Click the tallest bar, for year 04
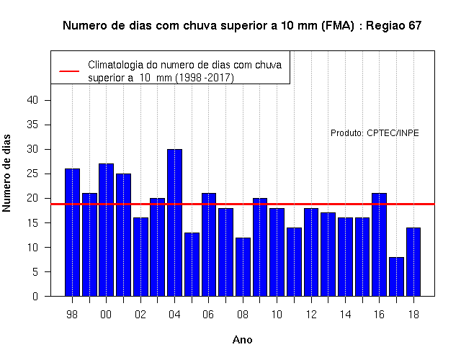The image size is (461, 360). pos(174,222)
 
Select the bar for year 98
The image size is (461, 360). pos(72,232)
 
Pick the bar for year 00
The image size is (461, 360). pos(107,230)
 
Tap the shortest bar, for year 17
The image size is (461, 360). pos(396,276)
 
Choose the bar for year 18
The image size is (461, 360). pos(413,262)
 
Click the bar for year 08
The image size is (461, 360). pos(243,267)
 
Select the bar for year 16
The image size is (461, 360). pos(380,245)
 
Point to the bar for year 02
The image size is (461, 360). pos(141,257)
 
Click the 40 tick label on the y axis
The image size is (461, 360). pos(32,100)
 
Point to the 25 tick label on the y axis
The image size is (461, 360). pos(32,174)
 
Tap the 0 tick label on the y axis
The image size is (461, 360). pos(35,296)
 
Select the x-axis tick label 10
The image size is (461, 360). pos(277,315)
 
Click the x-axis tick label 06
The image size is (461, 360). pos(208,315)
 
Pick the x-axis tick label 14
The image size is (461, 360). pos(345,315)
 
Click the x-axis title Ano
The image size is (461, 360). pos(243,340)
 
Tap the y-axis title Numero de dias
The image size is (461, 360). pos(6,174)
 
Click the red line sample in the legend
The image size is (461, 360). pos(69,71)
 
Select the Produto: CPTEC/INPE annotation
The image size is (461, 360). pos(375,133)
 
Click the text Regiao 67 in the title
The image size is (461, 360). pos(394,26)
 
